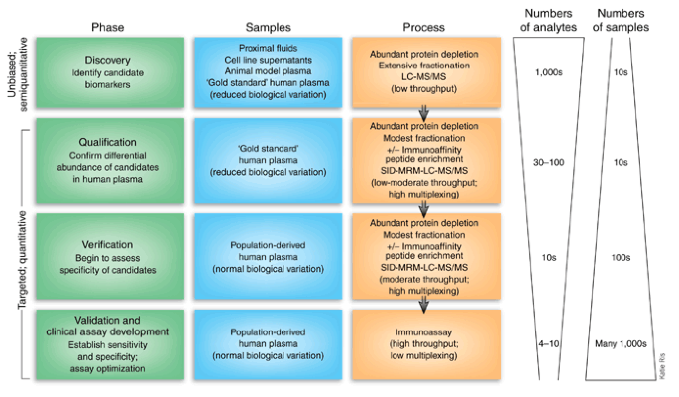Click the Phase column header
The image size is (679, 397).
107,27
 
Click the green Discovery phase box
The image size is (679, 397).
107,71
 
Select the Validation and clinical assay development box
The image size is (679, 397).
107,342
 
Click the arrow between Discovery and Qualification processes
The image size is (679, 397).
424,112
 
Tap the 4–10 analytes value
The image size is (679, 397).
548,342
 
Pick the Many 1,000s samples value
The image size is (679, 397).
622,342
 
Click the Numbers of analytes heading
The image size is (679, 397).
548,20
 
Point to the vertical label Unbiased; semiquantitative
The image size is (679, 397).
16,71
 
